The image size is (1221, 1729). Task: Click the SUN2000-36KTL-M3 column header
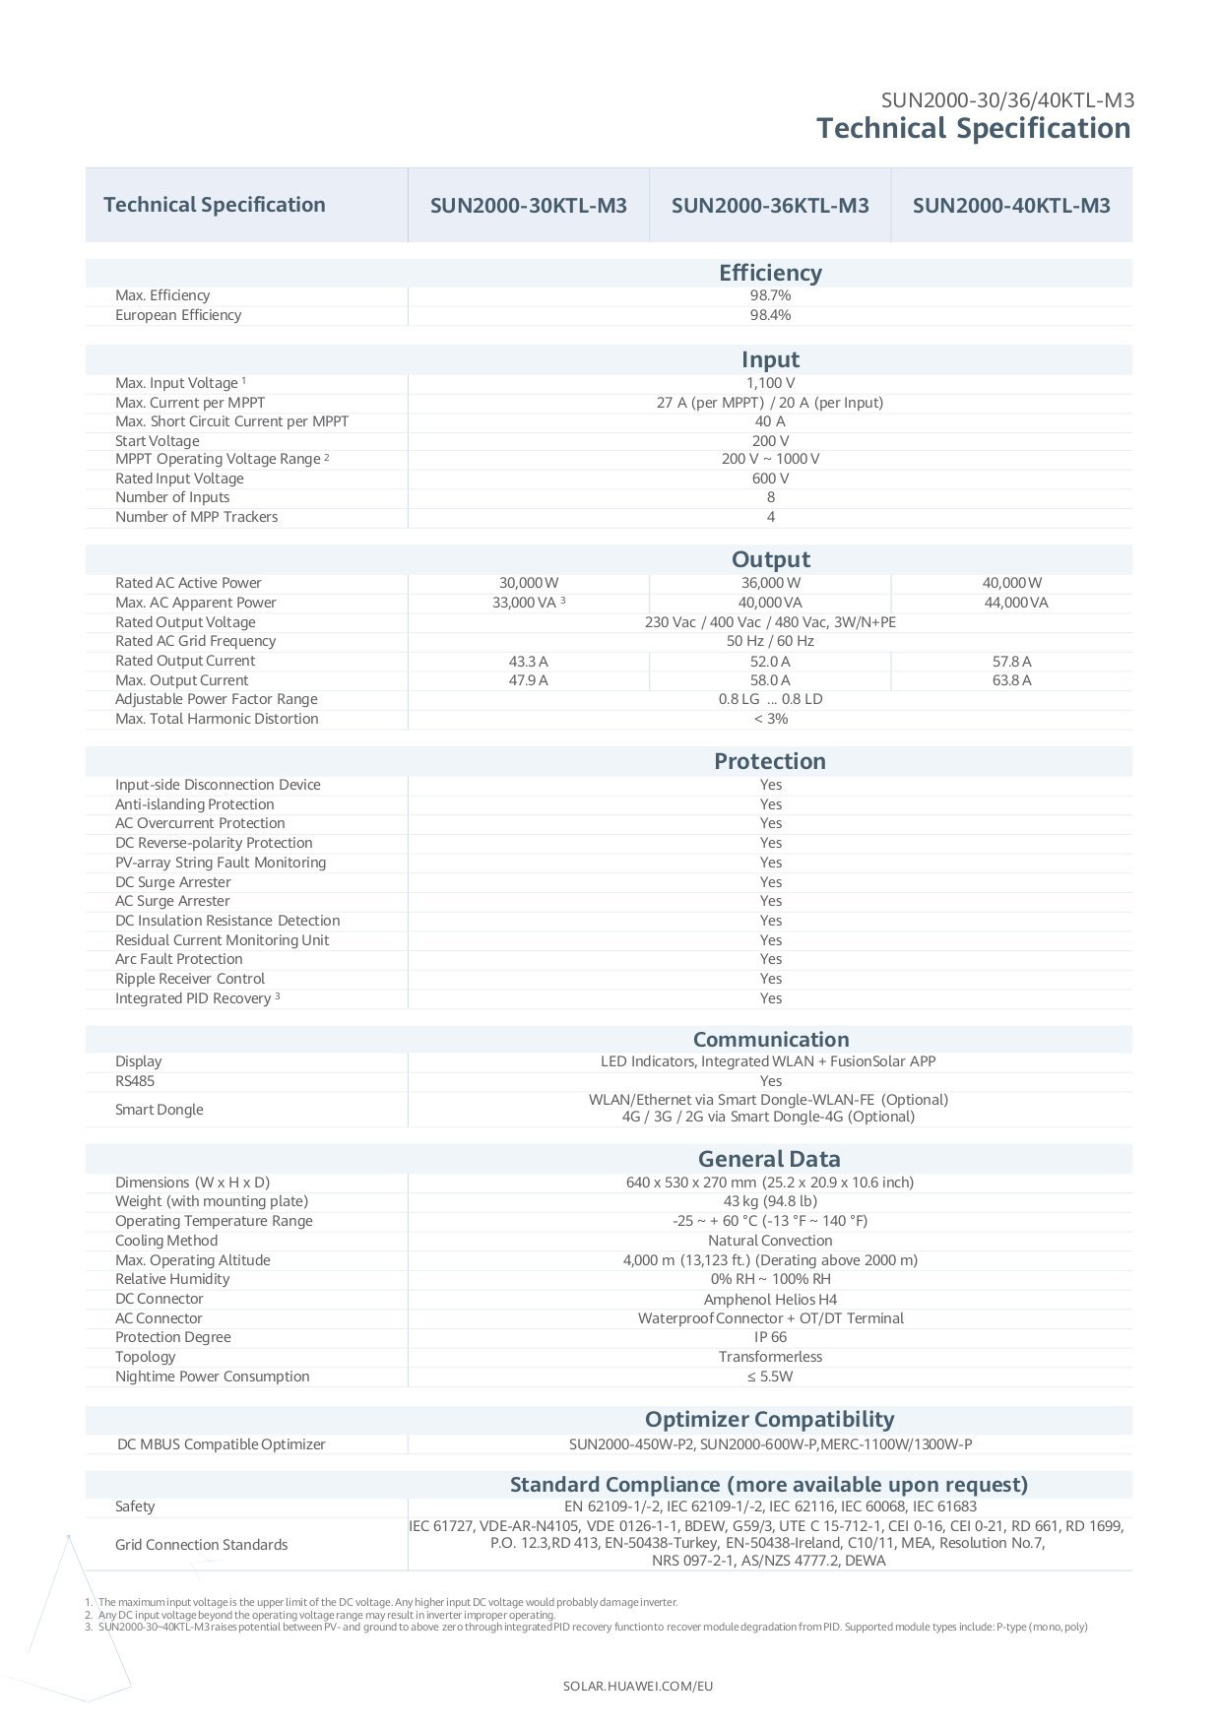click(x=770, y=206)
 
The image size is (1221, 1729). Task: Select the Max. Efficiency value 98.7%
click(x=770, y=295)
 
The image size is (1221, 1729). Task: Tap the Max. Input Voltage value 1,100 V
click(x=770, y=383)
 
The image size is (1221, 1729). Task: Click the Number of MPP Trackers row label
click(x=196, y=517)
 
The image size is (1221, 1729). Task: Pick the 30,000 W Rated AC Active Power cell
click(x=529, y=583)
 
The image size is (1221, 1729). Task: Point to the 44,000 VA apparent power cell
click(x=1015, y=603)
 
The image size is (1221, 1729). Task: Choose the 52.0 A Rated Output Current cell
click(x=770, y=662)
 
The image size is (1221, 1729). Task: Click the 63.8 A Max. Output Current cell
click(x=1011, y=680)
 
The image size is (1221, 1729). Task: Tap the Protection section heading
click(x=770, y=761)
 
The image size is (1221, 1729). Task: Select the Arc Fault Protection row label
click(x=178, y=959)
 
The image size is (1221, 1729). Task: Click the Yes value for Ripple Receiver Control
click(x=770, y=979)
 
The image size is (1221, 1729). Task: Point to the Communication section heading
click(x=770, y=1040)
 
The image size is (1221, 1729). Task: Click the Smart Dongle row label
click(x=159, y=1110)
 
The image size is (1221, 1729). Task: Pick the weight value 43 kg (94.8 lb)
click(x=770, y=1201)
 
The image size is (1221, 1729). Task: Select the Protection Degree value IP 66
click(x=770, y=1337)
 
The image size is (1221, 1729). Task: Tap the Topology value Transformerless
click(x=770, y=1357)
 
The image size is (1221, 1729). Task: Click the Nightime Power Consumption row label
click(x=212, y=1377)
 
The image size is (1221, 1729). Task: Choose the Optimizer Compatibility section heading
click(x=770, y=1419)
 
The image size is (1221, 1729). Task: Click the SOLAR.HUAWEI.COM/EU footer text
click(x=638, y=1686)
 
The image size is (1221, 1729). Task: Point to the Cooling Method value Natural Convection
click(x=770, y=1241)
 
